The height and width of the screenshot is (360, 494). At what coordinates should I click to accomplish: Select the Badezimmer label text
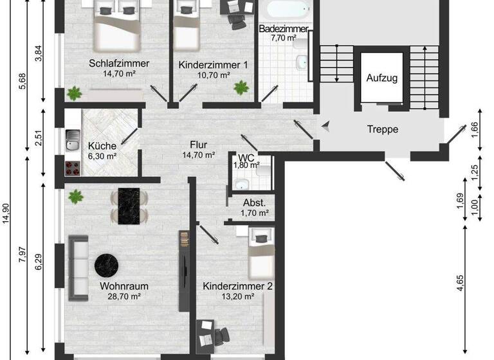283,29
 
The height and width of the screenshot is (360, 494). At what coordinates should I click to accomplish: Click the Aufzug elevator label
382,78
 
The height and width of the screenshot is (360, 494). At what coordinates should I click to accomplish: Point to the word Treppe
383,129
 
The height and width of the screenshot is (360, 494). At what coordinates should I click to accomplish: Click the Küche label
102,146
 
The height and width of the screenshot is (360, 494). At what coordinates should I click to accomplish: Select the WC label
246,157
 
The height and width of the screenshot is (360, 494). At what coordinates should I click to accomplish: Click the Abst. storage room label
254,203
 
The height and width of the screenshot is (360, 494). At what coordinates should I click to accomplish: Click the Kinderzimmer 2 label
237,285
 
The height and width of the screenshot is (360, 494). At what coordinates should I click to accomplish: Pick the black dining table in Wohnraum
122,206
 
